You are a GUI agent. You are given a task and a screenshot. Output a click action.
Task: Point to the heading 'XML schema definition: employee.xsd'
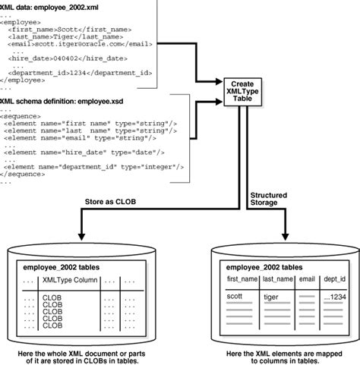pos(66,100)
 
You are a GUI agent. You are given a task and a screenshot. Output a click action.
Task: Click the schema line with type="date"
pos(85,151)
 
